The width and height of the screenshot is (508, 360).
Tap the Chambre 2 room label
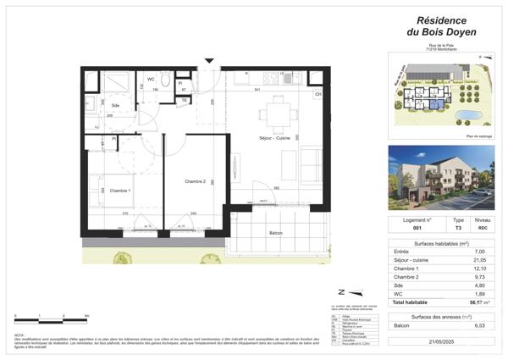click(196, 182)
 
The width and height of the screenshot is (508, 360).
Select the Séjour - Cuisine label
click(276, 137)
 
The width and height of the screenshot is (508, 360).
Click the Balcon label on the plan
click(275, 233)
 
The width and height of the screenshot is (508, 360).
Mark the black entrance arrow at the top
click(209, 60)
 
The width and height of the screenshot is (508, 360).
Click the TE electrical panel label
click(184, 100)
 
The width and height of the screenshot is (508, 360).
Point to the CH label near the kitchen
click(318, 94)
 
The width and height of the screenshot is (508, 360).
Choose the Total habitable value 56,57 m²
click(482, 302)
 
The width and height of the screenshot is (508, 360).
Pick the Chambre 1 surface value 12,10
click(481, 269)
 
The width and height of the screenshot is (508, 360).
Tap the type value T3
click(459, 228)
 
